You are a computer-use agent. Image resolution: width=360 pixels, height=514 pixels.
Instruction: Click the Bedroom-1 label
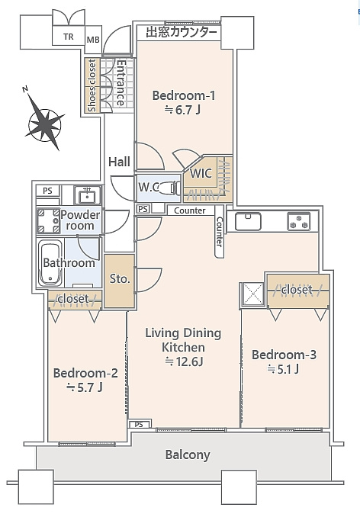coord(184,96)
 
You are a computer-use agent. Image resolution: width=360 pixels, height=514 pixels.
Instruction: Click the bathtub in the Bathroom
coord(50,263)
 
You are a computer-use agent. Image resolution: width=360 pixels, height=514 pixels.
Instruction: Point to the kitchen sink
coord(248,221)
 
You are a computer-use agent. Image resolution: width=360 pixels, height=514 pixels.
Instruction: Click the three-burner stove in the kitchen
coord(299,221)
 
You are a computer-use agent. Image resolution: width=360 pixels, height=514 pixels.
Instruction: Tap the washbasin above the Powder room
coord(87,195)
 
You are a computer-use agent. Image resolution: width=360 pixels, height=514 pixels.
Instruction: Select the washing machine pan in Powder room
coord(48,220)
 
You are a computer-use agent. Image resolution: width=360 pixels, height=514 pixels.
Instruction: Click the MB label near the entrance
coord(93,40)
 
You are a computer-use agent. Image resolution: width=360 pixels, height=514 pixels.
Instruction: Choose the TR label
coord(69,37)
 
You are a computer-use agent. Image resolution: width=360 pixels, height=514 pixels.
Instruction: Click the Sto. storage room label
coord(120,279)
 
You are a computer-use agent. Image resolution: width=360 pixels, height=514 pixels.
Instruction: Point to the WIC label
coord(201,173)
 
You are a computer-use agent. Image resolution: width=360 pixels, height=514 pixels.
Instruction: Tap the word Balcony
coord(187,455)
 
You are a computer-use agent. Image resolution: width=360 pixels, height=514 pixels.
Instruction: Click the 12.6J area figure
coord(185,361)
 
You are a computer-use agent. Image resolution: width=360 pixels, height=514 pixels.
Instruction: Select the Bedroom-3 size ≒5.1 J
coord(283,369)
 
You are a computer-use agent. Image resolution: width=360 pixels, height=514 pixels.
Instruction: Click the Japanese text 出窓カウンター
coord(182,33)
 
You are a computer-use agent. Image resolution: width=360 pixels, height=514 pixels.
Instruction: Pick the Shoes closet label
coord(92,85)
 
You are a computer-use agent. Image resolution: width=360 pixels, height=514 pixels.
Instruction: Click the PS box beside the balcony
coord(139,425)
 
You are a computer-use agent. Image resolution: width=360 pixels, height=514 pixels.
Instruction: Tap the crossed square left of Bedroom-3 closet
coord(252,294)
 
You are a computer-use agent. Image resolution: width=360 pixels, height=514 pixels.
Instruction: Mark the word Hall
coord(119,162)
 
